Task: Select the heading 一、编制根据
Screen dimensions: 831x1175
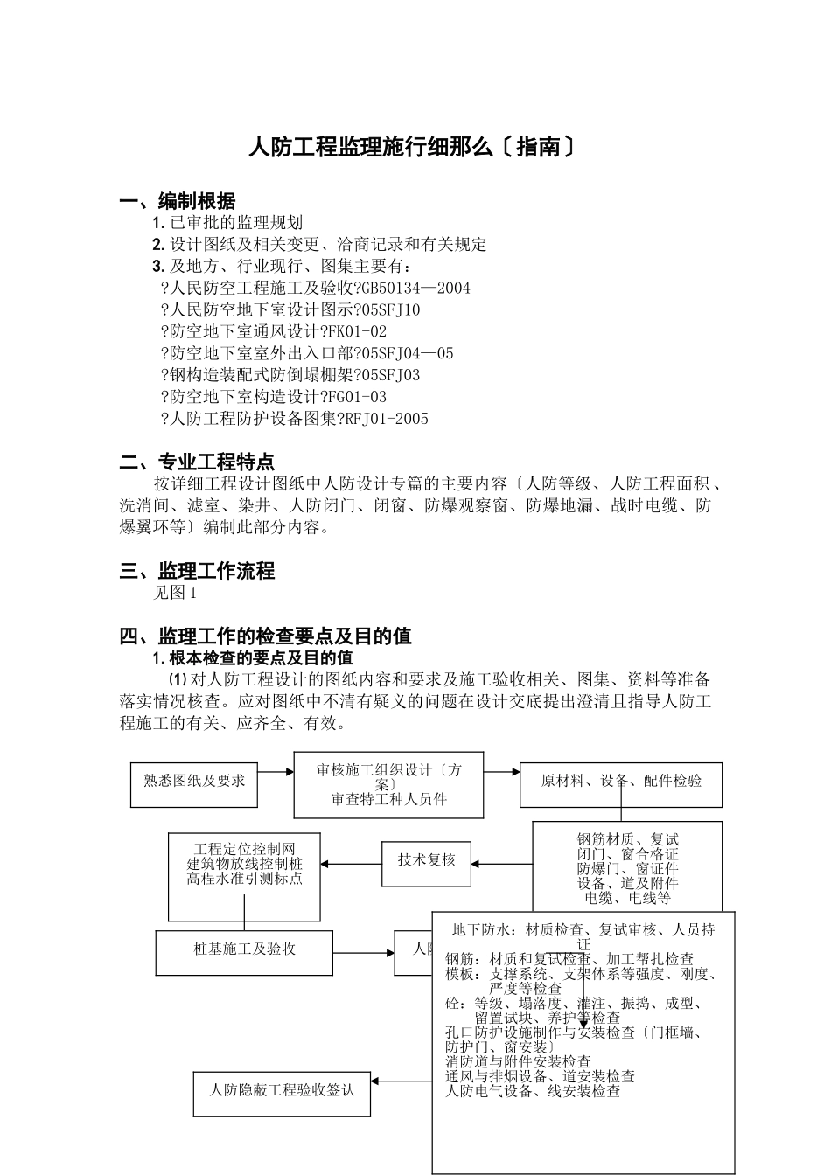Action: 178,202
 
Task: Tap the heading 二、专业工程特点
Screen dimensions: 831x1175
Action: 197,462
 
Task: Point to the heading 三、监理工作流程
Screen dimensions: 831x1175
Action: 197,571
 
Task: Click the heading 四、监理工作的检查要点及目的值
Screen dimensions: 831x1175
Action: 265,636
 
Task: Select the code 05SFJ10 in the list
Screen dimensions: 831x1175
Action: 390,309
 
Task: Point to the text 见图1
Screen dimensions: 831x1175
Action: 176,593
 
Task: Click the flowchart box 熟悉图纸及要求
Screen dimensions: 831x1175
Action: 194,779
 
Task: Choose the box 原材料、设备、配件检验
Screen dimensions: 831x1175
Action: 621,781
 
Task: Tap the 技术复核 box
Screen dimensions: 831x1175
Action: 427,860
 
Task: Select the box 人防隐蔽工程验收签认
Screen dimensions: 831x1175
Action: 282,1091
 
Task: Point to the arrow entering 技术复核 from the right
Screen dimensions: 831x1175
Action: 501,864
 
